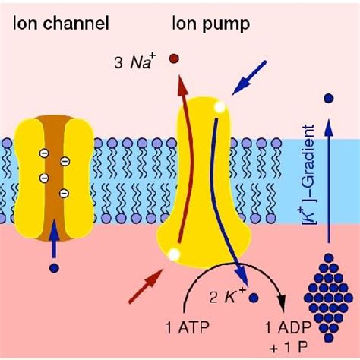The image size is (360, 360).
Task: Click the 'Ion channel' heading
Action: point(61,23)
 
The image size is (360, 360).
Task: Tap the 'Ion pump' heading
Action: point(211,24)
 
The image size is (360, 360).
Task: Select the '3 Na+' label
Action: point(134,62)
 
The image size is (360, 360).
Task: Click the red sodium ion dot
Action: point(174,58)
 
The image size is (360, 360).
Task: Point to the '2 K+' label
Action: point(228,296)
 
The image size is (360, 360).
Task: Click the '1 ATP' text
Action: point(188,327)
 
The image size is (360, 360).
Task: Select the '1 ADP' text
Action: point(289,327)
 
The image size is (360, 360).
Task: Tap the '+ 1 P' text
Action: point(289,348)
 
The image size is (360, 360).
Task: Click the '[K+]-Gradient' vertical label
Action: point(308,175)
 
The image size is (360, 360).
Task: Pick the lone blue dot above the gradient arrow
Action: point(329,98)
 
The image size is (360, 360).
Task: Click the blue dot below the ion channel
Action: point(55,268)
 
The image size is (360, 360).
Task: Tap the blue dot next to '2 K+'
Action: point(254,298)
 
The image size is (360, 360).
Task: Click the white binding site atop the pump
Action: point(219,107)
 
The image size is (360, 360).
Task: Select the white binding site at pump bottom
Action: point(174,254)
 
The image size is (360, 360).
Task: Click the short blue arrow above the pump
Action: point(249,77)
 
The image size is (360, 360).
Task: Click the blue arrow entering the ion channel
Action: point(54,238)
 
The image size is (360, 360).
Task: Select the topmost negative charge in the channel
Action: point(44,153)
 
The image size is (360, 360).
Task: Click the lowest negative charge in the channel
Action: point(64,194)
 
